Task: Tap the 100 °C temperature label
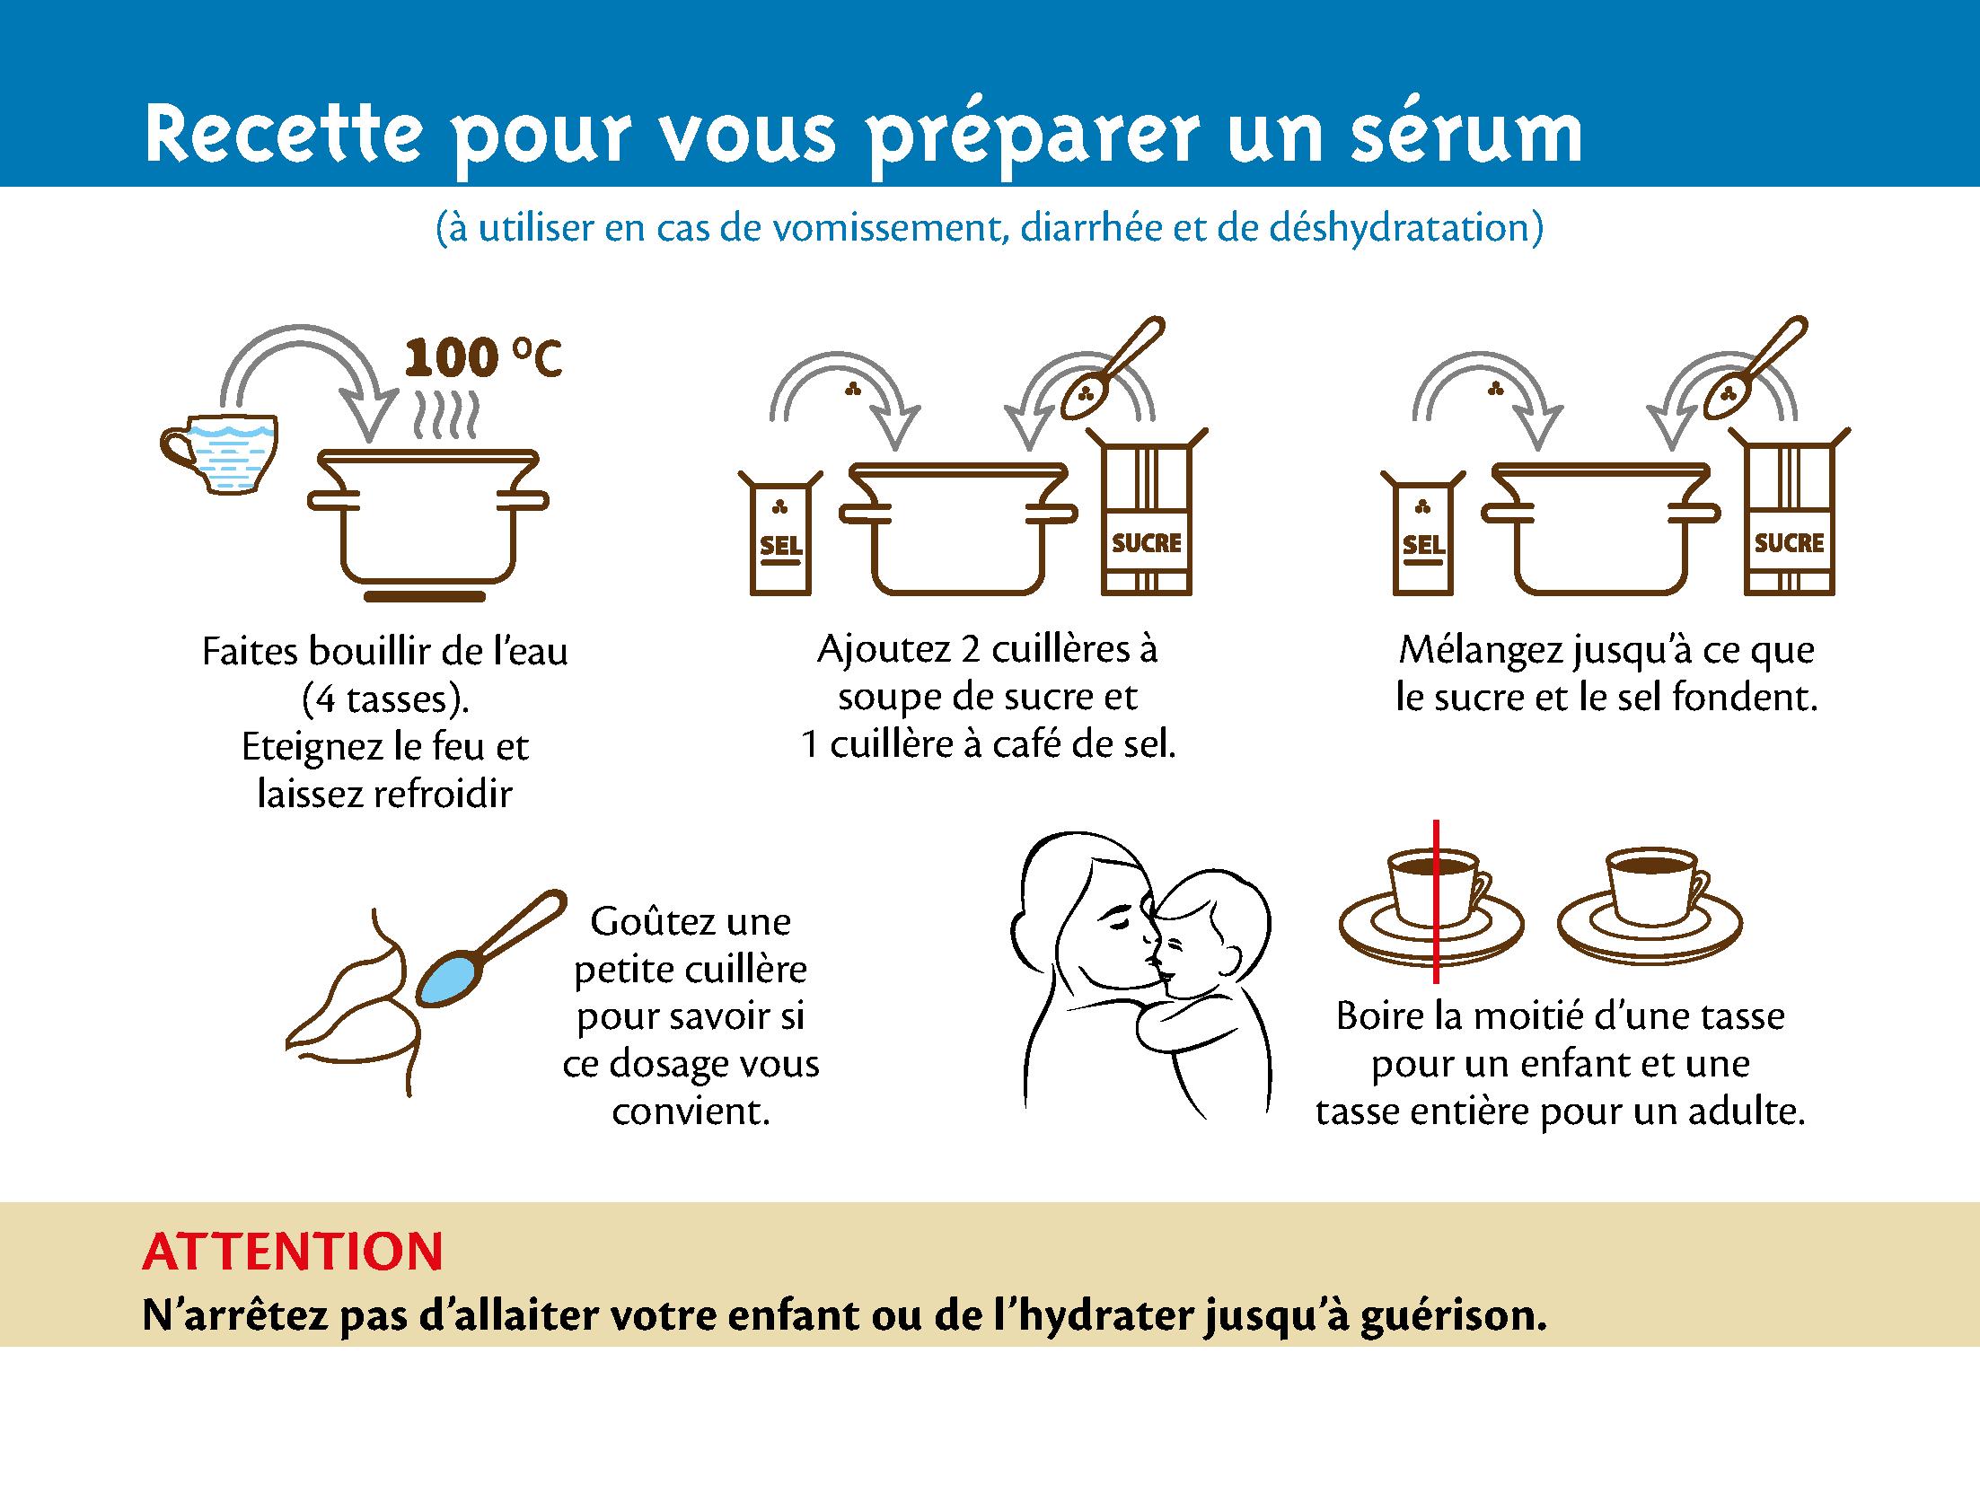pyautogui.click(x=482, y=357)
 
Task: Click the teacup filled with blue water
pyautogui.click(x=219, y=453)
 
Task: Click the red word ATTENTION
pyautogui.click(x=293, y=1251)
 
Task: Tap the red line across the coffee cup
pyautogui.click(x=1436, y=901)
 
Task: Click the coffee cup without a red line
pyautogui.click(x=1650, y=902)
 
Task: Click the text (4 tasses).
pyautogui.click(x=385, y=699)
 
